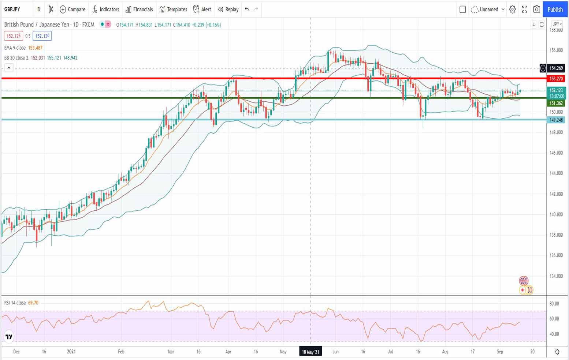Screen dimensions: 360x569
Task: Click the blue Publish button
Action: click(555, 10)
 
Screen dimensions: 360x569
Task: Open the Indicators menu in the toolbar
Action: click(106, 10)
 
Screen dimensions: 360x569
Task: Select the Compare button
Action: click(72, 10)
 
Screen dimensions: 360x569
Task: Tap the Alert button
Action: click(202, 10)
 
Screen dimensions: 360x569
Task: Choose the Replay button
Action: click(228, 10)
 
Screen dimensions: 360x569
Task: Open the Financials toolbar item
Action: click(139, 10)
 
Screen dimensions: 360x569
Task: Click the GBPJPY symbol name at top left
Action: click(12, 10)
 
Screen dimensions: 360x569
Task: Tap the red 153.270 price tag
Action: click(556, 79)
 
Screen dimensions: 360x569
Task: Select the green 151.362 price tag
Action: click(556, 104)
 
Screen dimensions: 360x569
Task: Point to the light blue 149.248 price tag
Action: click(556, 120)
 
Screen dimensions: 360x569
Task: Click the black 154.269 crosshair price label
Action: click(556, 68)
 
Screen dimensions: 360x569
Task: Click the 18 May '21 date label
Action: click(310, 352)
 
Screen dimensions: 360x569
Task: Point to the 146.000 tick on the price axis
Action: click(556, 153)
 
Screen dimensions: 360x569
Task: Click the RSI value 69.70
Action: click(33, 303)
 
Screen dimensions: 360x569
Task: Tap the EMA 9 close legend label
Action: click(15, 48)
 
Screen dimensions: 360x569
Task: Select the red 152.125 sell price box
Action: click(14, 36)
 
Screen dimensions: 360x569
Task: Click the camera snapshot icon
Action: click(536, 10)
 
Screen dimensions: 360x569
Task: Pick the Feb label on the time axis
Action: click(121, 352)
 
